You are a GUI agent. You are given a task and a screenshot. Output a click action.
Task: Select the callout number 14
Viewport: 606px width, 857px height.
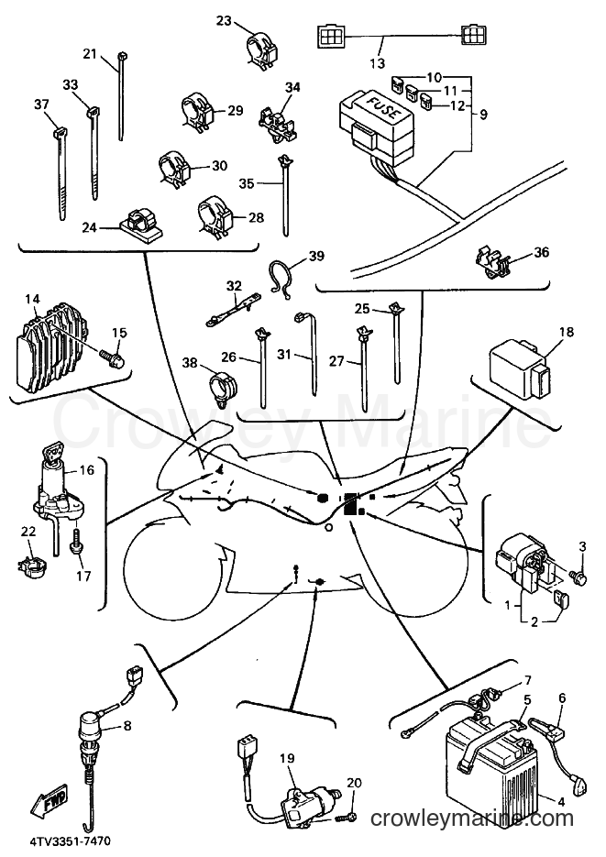[32, 299]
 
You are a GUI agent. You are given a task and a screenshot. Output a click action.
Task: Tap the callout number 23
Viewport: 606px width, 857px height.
[224, 21]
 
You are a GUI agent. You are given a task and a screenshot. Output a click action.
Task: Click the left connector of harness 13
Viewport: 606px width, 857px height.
[330, 38]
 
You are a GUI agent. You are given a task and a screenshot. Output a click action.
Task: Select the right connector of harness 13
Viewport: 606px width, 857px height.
[474, 36]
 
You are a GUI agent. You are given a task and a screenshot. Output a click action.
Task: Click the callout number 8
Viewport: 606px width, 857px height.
[127, 726]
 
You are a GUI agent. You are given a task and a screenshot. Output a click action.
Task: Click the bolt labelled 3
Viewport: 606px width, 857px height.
[578, 575]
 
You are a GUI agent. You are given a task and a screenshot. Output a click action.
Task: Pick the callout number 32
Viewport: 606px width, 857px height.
[234, 286]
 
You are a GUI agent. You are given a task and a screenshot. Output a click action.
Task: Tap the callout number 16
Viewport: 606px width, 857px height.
[87, 470]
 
